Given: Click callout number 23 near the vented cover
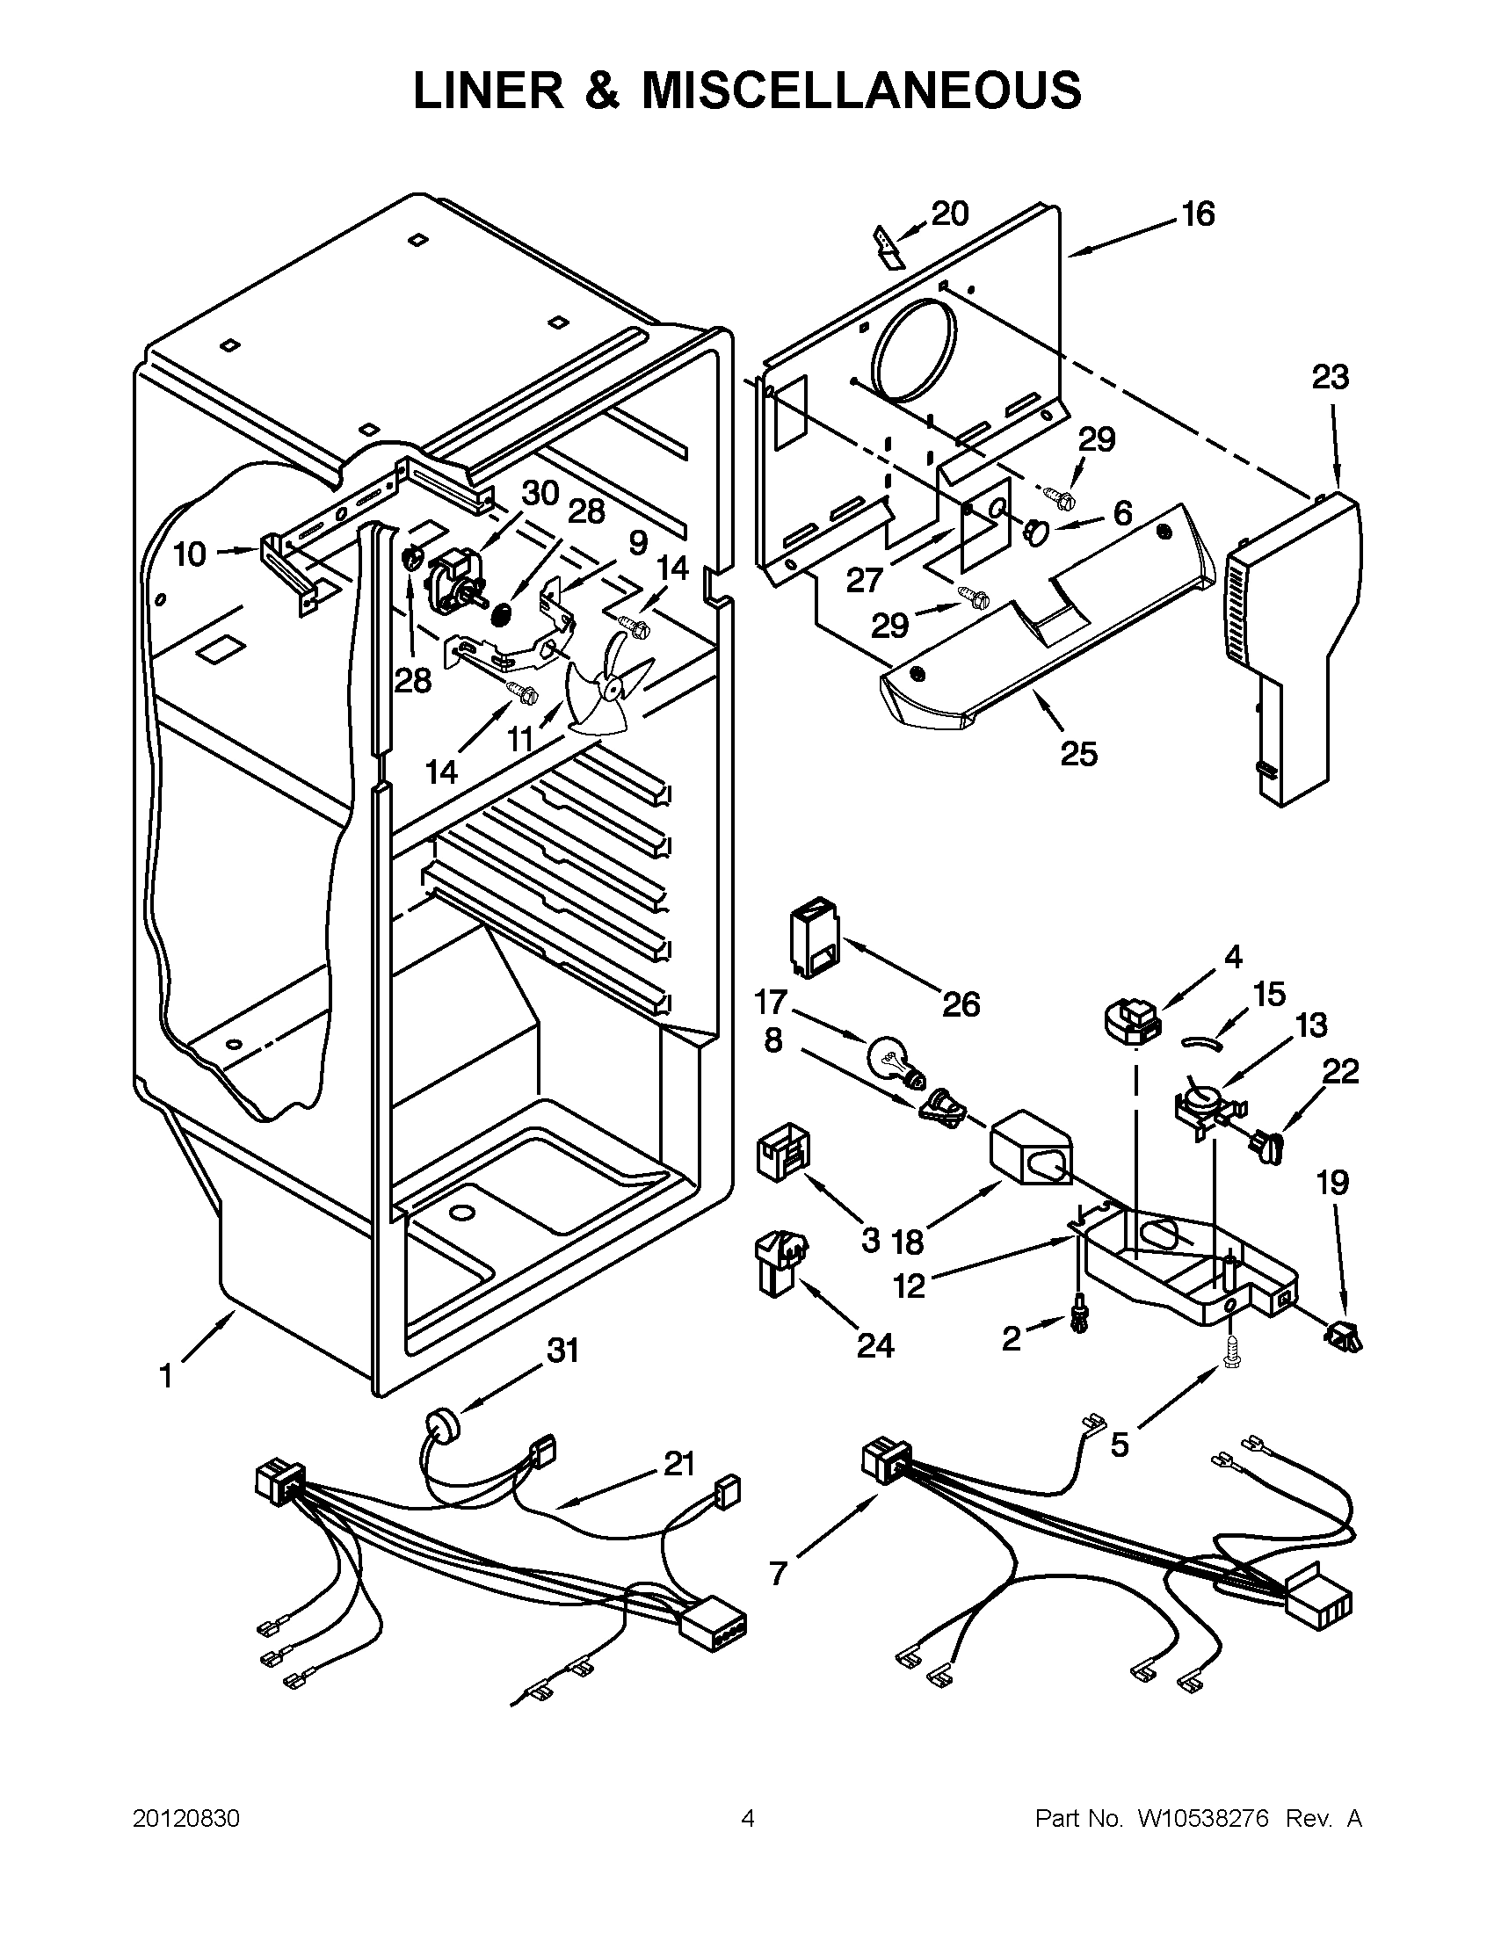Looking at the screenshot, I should pyautogui.click(x=1330, y=377).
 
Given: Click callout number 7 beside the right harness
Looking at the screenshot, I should pyautogui.click(x=778, y=1573).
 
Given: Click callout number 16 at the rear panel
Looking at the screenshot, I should pyautogui.click(x=1198, y=214).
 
